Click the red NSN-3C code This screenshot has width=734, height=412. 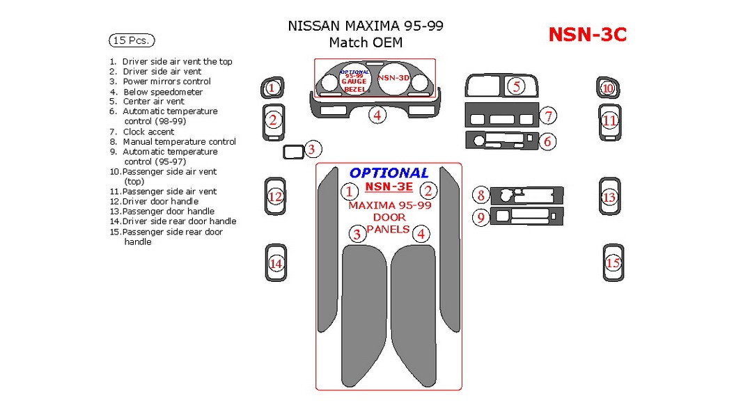[587, 34]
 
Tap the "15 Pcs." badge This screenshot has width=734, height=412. [132, 40]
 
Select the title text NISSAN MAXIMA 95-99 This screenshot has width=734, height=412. [366, 26]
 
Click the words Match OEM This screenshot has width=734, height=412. [366, 42]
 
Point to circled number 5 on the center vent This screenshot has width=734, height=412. [516, 86]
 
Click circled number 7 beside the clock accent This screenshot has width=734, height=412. [548, 116]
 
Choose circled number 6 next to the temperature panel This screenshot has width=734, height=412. [547, 142]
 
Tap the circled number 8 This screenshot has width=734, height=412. [481, 196]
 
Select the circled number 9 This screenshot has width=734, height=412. [481, 218]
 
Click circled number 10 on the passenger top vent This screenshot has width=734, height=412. [607, 88]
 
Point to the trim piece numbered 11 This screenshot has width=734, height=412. [610, 121]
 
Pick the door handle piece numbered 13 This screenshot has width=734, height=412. [610, 198]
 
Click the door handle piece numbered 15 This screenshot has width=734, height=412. [613, 263]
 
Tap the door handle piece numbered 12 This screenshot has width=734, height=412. [275, 197]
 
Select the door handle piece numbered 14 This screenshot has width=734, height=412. [276, 264]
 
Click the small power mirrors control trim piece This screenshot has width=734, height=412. [293, 151]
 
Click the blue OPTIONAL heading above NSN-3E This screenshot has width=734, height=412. [389, 173]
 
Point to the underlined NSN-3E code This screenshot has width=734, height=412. [389, 187]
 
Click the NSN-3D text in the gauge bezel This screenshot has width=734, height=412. [393, 78]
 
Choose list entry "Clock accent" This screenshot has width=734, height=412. [148, 132]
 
